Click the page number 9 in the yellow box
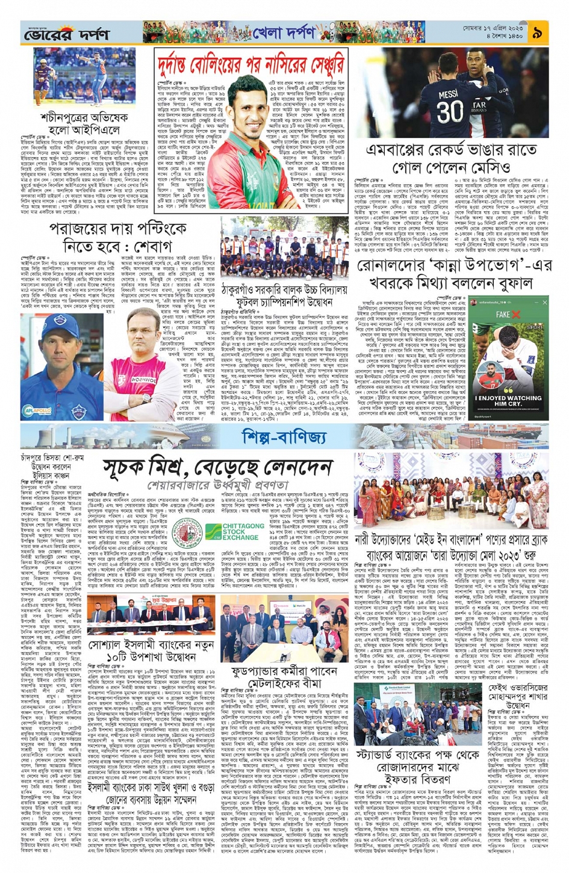point(536,33)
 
